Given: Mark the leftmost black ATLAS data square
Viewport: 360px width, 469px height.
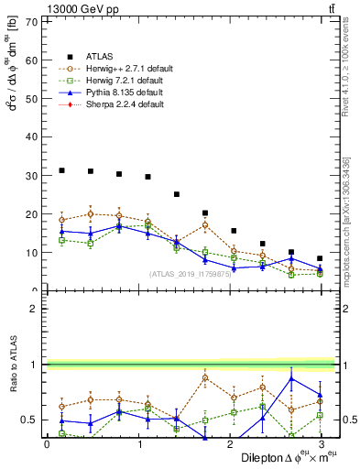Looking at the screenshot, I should click(x=61, y=170).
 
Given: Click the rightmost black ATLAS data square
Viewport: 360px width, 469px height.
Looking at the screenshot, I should click(x=320, y=258).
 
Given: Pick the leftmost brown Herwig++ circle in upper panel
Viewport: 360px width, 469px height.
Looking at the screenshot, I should click(x=61, y=220).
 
